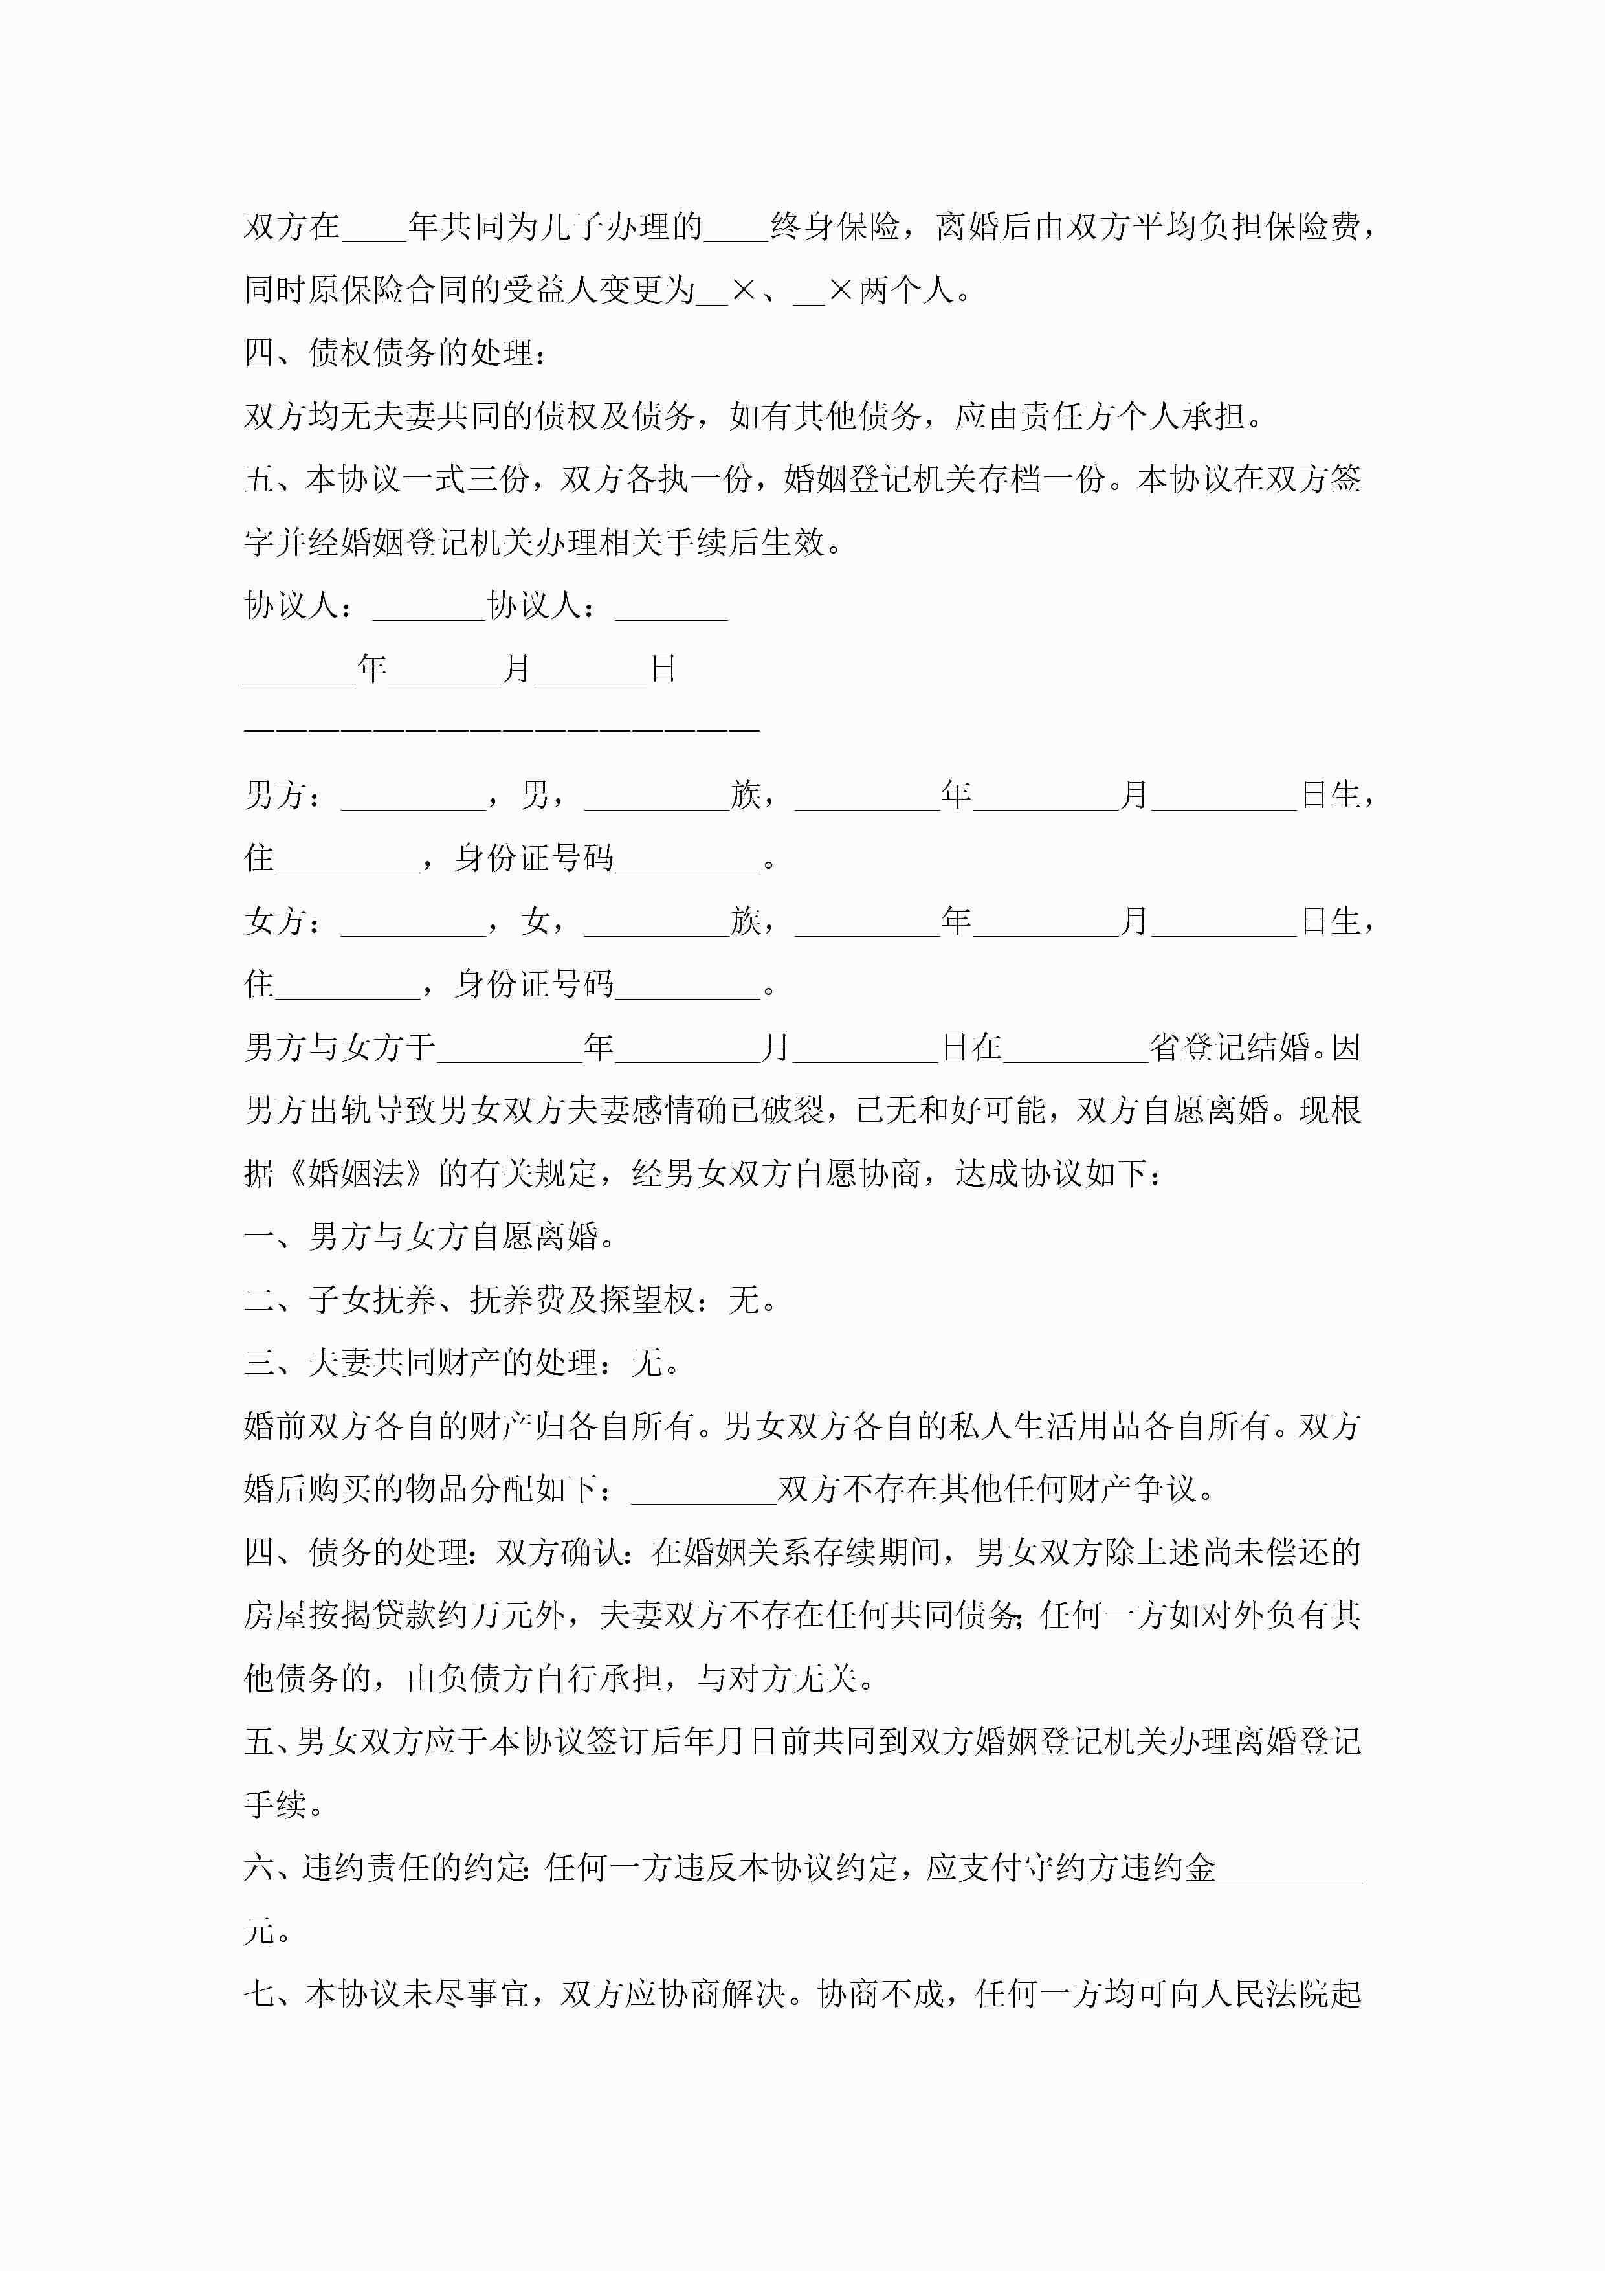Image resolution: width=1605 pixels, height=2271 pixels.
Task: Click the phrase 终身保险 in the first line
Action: click(835, 227)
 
